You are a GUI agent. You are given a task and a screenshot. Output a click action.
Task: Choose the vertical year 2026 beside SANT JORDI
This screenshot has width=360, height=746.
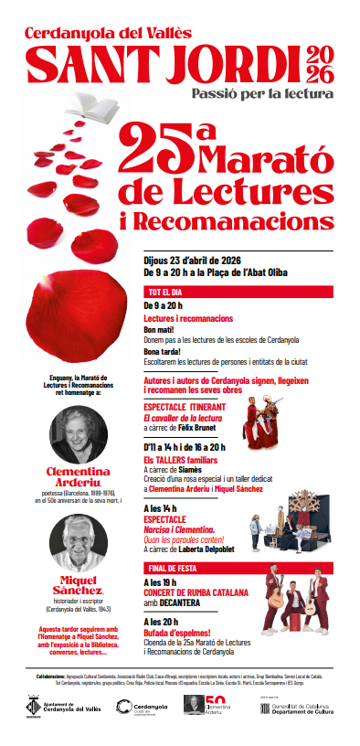(325, 62)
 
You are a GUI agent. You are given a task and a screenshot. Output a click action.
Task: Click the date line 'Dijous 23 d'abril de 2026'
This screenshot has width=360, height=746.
(197, 258)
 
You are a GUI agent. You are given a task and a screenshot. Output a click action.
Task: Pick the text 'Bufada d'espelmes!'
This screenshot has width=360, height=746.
(178, 634)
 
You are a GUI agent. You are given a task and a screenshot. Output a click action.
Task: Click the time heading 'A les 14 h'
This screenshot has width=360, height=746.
(163, 507)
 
